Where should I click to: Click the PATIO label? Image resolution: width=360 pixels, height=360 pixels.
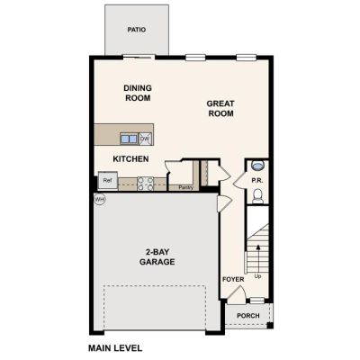click(137, 30)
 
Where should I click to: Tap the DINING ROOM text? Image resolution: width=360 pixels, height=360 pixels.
click(138, 93)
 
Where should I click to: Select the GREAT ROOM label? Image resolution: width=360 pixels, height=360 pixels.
click(220, 109)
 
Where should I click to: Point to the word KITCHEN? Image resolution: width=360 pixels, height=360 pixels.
click(130, 159)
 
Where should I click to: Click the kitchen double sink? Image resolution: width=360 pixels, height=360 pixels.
click(129, 139)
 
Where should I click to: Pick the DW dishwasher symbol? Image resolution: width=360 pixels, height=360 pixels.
click(145, 139)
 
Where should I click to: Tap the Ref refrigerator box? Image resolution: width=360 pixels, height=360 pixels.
click(108, 180)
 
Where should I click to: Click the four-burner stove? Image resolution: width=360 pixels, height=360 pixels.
click(145, 184)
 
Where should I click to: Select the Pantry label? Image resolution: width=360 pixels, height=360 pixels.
click(186, 187)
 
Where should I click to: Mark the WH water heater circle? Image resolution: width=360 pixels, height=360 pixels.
click(100, 199)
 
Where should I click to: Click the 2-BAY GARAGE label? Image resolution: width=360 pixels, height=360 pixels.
click(157, 256)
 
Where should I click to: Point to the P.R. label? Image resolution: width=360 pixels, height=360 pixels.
click(257, 181)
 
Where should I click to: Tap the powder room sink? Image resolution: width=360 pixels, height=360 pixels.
click(257, 165)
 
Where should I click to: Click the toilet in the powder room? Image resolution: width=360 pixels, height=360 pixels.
click(257, 196)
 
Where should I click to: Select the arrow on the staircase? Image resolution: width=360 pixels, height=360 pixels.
click(257, 256)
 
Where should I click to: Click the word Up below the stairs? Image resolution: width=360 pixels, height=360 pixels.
click(257, 276)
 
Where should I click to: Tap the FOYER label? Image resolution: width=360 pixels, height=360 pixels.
click(233, 279)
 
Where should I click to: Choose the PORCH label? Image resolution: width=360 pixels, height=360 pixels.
click(248, 316)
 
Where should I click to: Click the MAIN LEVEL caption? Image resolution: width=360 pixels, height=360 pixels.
click(115, 348)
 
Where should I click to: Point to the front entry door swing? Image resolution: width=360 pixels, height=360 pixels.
click(237, 294)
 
